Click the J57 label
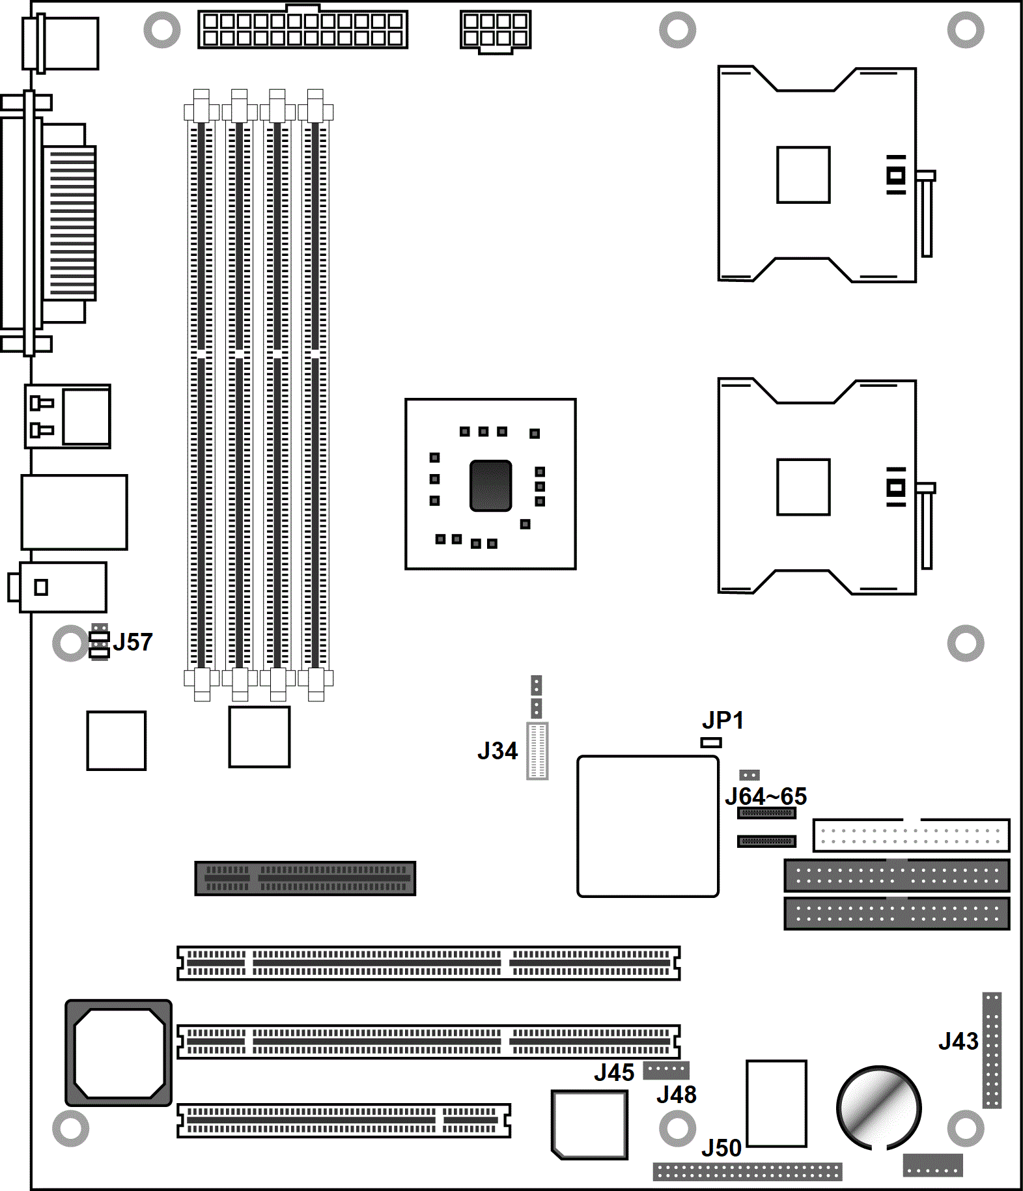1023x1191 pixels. click(x=133, y=642)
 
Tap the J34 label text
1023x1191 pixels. click(x=497, y=751)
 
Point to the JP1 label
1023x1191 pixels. click(x=723, y=720)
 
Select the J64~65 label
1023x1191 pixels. click(x=766, y=796)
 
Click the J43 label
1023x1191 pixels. click(x=959, y=1041)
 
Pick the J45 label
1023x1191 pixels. click(x=614, y=1072)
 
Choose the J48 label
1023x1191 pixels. click(x=677, y=1095)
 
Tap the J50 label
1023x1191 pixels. click(x=722, y=1148)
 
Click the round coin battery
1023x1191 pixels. click(x=879, y=1108)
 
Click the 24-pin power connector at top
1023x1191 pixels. click(x=303, y=29)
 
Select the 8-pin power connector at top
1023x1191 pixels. click(x=496, y=31)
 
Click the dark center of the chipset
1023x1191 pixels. click(x=491, y=485)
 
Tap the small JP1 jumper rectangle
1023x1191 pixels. click(x=711, y=742)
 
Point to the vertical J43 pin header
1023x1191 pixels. click(x=992, y=1050)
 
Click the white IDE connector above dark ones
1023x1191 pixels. click(x=912, y=835)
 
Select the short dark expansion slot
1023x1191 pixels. click(x=305, y=878)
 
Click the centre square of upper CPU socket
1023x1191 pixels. click(x=804, y=175)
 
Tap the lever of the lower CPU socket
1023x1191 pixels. click(x=926, y=525)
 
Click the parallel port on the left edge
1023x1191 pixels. click(x=49, y=223)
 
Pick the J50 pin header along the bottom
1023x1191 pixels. click(x=748, y=1171)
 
